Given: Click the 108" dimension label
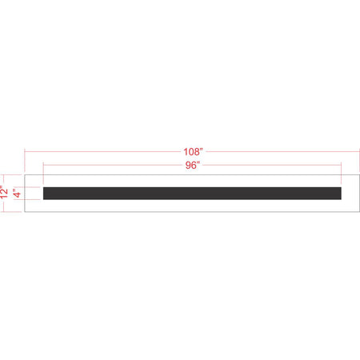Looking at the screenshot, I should coord(192,150).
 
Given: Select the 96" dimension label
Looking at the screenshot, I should coord(192,165).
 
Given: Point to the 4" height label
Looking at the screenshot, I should coord(17,193).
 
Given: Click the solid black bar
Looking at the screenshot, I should coord(192,193).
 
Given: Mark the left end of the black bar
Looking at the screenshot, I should coord(43,193).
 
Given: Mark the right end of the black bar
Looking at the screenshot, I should coord(342,193).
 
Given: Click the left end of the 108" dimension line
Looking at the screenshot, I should coord(25,150).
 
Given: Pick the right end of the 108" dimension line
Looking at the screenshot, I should coord(358,150).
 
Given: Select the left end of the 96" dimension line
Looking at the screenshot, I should coord(43,166).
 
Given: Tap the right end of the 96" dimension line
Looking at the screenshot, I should coord(342,166).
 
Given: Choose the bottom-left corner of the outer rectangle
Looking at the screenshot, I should coord(25,212).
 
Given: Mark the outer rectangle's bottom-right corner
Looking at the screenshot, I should coord(358,212).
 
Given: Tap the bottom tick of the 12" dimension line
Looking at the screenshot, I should coord(7,212).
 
